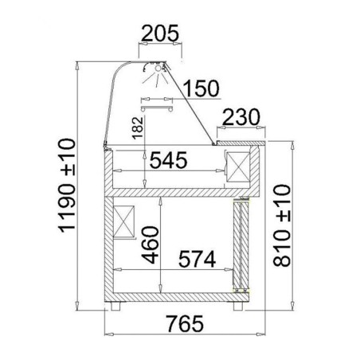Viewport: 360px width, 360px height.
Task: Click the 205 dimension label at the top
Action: (x=160, y=33)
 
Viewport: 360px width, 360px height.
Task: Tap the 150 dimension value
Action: (x=202, y=88)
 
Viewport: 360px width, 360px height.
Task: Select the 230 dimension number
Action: (x=241, y=117)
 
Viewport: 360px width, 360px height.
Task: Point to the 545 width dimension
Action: (x=169, y=160)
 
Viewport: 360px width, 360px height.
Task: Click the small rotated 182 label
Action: (x=138, y=128)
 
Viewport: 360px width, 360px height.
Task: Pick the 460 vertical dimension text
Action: (x=151, y=245)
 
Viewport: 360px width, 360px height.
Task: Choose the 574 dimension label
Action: (x=197, y=259)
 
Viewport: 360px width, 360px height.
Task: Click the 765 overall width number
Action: (x=185, y=323)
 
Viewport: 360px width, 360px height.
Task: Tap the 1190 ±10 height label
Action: (x=66, y=186)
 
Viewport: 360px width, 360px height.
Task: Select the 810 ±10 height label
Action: (x=282, y=225)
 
